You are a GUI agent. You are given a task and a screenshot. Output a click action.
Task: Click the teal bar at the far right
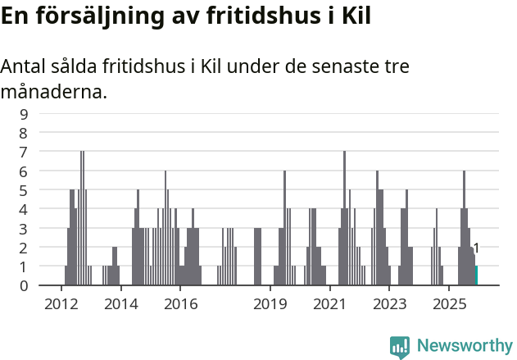tap(476, 276)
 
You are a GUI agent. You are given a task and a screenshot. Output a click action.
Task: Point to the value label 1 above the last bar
tap(476, 248)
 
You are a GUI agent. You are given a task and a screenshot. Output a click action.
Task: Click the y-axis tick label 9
tap(24, 114)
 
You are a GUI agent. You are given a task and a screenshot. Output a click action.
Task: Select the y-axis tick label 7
tap(24, 152)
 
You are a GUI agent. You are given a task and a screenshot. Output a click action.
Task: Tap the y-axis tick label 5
tap(24, 190)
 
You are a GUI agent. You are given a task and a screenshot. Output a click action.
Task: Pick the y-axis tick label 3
tap(24, 228)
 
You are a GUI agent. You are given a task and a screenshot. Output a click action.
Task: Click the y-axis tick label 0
tap(24, 285)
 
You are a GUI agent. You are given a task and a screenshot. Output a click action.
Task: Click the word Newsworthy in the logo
tap(465, 345)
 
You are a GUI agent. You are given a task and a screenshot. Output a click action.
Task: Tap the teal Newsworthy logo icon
tap(400, 347)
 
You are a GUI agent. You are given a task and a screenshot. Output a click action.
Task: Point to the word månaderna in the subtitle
tap(53, 92)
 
